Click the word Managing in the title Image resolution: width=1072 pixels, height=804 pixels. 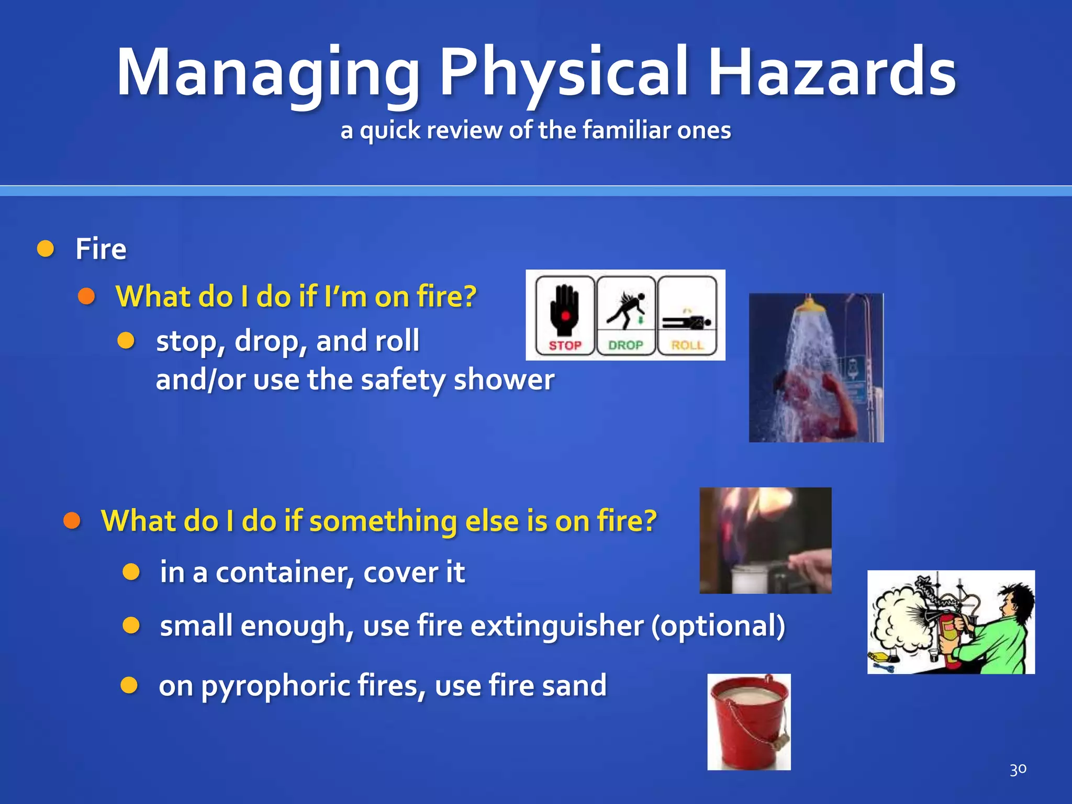[267, 73]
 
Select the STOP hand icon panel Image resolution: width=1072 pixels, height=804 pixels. [565, 316]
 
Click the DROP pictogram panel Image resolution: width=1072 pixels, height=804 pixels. [626, 316]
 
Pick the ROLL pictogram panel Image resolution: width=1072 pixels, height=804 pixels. [687, 316]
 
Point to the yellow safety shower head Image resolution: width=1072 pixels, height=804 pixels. [809, 304]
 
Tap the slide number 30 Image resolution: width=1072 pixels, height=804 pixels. [1018, 769]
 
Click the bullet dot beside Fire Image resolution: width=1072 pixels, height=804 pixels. [46, 249]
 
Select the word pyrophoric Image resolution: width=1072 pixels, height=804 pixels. [275, 685]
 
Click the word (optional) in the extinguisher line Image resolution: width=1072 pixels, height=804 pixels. [718, 626]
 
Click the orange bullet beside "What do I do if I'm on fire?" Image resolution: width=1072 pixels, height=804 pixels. [86, 296]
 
